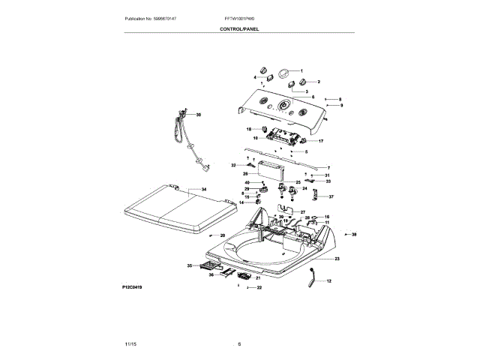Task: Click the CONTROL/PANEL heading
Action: [x=240, y=28]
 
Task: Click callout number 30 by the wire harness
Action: [x=199, y=115]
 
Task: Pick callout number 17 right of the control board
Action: [x=321, y=141]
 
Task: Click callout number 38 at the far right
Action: [x=355, y=235]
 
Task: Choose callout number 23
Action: [x=337, y=259]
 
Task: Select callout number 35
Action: [x=188, y=265]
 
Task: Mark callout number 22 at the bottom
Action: [x=259, y=287]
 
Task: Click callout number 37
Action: [x=331, y=197]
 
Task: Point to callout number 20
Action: [x=222, y=236]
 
